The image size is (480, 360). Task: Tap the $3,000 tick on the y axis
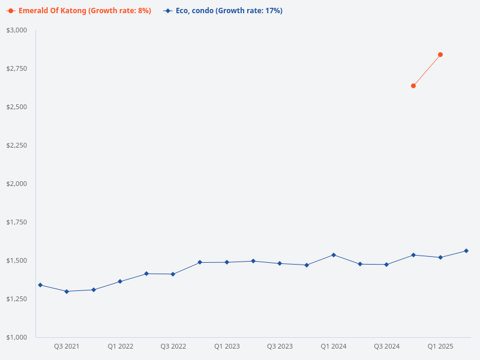(17, 30)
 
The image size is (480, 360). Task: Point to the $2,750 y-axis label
(17, 68)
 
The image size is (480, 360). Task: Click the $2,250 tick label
(17, 145)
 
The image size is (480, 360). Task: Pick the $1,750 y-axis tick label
(17, 222)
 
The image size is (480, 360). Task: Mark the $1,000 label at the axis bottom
(17, 337)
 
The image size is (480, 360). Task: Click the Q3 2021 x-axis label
(67, 346)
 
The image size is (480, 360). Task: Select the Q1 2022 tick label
(120, 346)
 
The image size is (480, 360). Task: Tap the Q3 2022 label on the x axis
(173, 346)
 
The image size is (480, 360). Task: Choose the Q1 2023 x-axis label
(227, 346)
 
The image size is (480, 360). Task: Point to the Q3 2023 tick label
(280, 346)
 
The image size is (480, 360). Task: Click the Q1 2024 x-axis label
(333, 346)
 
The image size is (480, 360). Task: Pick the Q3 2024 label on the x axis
(386, 346)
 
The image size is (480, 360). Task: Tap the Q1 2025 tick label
(440, 346)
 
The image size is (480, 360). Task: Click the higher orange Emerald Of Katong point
(440, 55)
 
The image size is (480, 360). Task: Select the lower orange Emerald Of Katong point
(413, 86)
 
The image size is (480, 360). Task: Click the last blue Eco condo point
(466, 251)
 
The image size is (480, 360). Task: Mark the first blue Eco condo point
(40, 285)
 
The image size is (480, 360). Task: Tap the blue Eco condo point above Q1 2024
(334, 255)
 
